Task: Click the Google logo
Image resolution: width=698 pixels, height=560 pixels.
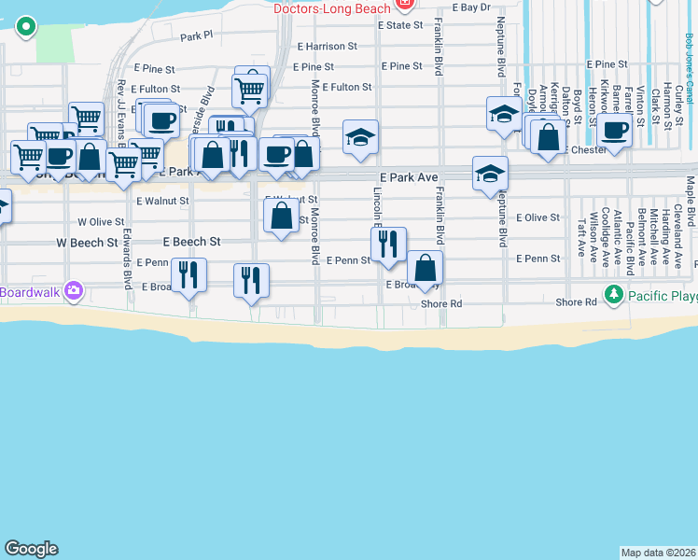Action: pos(31,549)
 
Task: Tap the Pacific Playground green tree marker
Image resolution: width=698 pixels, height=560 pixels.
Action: pos(613,296)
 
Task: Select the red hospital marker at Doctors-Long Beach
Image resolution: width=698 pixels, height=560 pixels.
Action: pos(404,3)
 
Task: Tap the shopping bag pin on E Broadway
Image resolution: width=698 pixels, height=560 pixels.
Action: pos(425,269)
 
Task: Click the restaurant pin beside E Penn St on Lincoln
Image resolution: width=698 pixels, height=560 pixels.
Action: pos(388,245)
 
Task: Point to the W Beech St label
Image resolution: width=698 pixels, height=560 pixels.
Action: pos(87,242)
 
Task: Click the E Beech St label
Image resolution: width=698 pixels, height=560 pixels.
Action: pos(191,242)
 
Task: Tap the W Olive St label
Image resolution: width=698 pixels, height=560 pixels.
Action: pos(101,222)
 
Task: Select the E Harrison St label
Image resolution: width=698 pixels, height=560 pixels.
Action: pos(328,46)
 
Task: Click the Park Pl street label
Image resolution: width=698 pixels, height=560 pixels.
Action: pos(197,36)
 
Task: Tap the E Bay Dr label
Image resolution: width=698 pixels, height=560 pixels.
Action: pos(470,7)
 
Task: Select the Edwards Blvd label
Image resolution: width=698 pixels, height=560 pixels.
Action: pos(126,260)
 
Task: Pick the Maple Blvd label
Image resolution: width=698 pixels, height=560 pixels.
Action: pos(691,203)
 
